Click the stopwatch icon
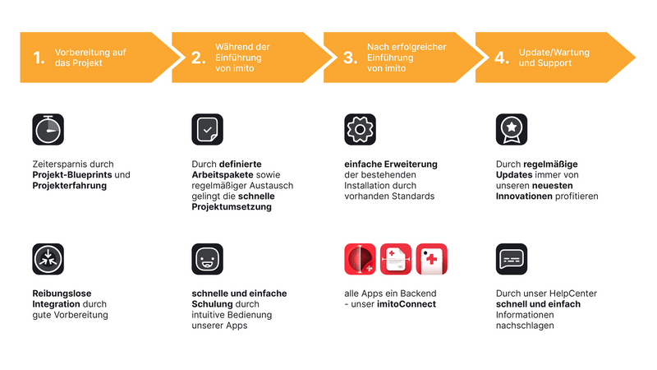(x=48, y=129)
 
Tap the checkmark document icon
(x=208, y=129)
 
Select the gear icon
(x=360, y=129)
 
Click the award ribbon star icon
(x=512, y=129)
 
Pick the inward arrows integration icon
(x=48, y=258)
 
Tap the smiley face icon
(x=208, y=258)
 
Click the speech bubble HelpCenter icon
(x=512, y=258)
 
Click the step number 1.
(x=38, y=58)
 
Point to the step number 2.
(x=198, y=58)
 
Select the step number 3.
(x=350, y=58)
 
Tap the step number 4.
(x=502, y=58)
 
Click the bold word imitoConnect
(x=408, y=304)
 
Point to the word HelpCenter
(x=573, y=294)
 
